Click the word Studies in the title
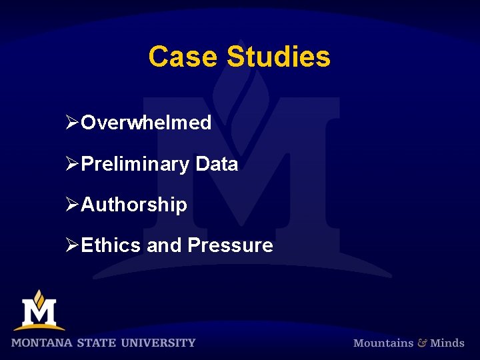pyautogui.click(x=279, y=57)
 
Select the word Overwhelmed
pyautogui.click(x=146, y=123)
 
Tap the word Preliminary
pyautogui.click(x=135, y=164)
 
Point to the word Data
pyautogui.click(x=217, y=164)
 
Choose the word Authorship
pyautogui.click(x=134, y=205)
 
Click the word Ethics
pyautogui.click(x=111, y=245)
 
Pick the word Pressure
pyautogui.click(x=230, y=245)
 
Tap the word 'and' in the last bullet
pyautogui.click(x=163, y=245)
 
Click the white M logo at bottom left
pyautogui.click(x=39, y=311)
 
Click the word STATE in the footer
pyautogui.click(x=96, y=343)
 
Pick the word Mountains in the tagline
pyautogui.click(x=383, y=343)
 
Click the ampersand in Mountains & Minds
pyautogui.click(x=422, y=343)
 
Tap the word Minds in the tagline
pyautogui.click(x=447, y=343)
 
